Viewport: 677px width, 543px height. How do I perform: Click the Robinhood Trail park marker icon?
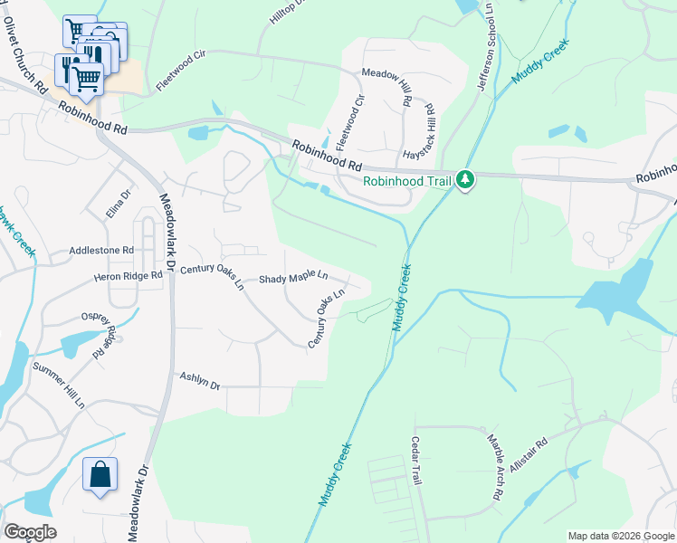click(465, 180)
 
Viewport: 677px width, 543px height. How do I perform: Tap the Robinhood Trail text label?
click(407, 181)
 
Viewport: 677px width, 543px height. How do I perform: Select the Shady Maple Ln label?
click(293, 279)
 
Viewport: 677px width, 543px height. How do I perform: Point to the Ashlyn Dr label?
click(200, 381)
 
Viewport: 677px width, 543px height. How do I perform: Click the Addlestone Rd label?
click(101, 251)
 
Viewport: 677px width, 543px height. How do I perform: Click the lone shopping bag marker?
click(100, 474)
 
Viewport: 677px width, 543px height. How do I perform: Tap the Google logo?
click(30, 531)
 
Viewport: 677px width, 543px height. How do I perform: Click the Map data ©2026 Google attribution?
click(620, 536)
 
